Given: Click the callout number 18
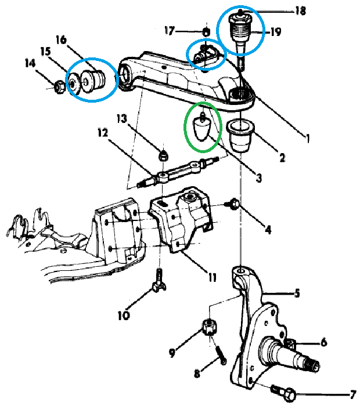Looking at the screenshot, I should coord(300,10).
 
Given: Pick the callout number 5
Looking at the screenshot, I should coord(297,294).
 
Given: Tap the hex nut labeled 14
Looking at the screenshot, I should coord(59,88).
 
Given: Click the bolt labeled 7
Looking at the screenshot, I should coord(281,392).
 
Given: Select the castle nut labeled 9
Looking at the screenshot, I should coord(210,327).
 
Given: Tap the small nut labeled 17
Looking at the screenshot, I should coord(206,31).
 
